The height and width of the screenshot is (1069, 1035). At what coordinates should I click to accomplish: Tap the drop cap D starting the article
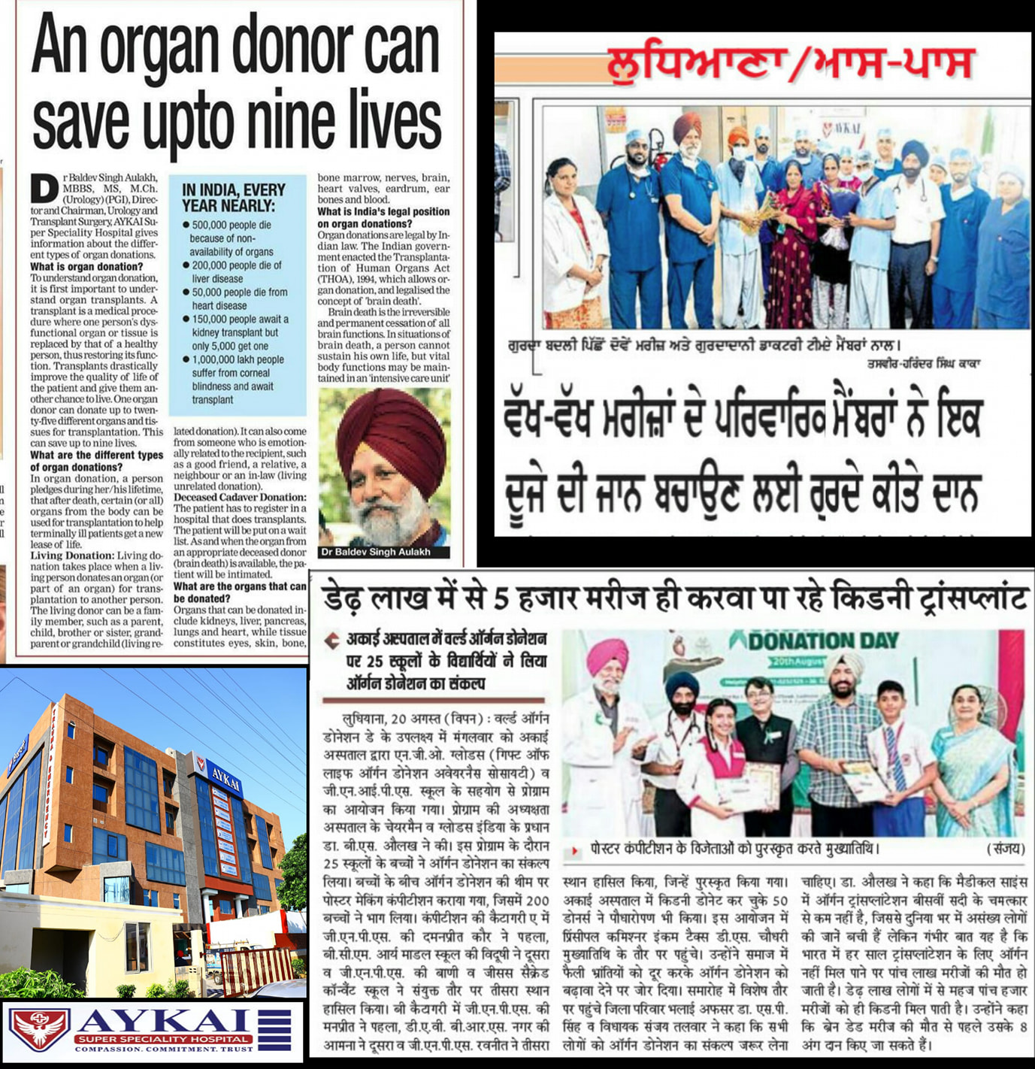tap(44, 190)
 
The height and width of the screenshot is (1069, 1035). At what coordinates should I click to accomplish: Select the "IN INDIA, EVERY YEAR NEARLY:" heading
tap(234, 198)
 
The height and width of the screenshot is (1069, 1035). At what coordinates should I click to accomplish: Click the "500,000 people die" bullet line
tap(232, 225)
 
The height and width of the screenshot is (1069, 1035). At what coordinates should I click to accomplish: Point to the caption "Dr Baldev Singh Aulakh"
tap(376, 552)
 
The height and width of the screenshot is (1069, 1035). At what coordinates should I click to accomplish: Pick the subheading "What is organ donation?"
tap(86, 266)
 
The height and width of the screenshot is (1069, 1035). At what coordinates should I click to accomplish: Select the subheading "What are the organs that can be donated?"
tap(239, 592)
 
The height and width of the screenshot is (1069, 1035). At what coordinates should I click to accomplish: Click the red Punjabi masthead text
tap(790, 64)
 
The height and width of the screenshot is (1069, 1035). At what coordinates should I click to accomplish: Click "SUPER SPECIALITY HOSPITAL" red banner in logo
tap(163, 1039)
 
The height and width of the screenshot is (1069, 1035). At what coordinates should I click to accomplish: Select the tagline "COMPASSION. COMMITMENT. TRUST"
tap(163, 1049)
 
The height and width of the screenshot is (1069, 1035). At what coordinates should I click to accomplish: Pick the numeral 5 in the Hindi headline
tap(502, 598)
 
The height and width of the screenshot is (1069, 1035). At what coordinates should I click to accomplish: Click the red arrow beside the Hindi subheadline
tap(331, 640)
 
